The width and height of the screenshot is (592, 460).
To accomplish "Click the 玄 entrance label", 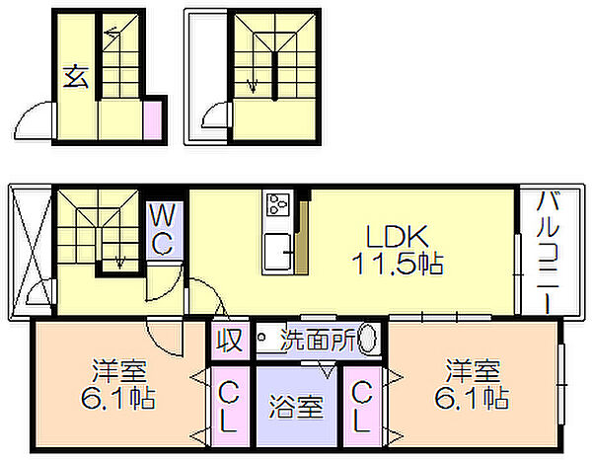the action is tap(76, 76).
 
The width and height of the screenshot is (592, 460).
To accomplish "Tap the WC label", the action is tap(164, 230).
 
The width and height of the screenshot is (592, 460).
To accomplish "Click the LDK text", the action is tap(398, 237).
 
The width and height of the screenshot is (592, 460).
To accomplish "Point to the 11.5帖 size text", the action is tap(398, 263).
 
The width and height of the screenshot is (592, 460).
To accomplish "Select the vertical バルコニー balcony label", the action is tap(549, 252).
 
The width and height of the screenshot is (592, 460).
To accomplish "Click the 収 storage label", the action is tap(229, 341).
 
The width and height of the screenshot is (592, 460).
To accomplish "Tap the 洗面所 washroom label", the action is tap(319, 340).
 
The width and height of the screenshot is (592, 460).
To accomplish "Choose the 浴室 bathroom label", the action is tap(296, 407).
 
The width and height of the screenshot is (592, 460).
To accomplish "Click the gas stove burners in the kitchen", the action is tap(277, 204).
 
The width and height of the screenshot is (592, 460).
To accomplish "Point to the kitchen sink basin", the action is tap(277, 252).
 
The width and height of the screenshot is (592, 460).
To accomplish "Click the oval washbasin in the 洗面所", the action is tap(367, 339).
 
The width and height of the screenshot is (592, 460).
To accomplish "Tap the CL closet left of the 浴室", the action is tap(229, 407).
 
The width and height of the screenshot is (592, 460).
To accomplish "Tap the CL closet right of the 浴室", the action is tap(361, 407).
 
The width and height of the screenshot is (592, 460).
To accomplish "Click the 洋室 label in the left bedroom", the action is tap(119, 371).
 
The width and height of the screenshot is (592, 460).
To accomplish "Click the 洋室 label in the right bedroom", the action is tap(473, 371).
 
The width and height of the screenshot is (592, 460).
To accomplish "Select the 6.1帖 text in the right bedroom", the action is tap(472, 398).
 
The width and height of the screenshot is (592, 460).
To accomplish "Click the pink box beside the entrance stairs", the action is tap(153, 120).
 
